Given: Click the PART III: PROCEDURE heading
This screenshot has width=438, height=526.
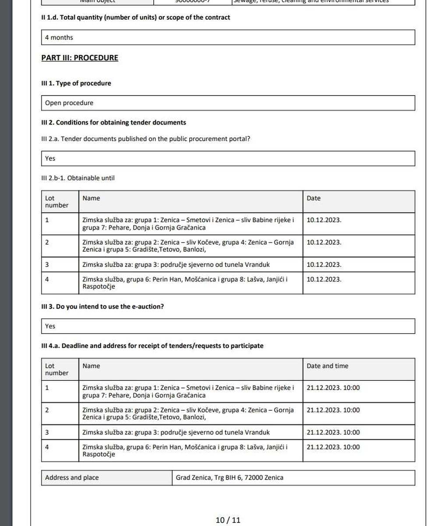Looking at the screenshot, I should point(80,58).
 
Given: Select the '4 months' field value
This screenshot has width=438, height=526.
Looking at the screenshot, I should point(59,38).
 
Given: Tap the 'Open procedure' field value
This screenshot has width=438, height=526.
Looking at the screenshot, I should point(69,103).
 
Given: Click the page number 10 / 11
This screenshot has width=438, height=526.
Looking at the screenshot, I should point(228,520).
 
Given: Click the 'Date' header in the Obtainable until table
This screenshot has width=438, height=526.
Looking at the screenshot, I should point(314,198).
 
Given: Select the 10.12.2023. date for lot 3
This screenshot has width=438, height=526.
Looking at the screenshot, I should point(324,265).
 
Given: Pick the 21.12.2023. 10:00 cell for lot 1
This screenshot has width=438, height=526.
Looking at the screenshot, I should point(333,388).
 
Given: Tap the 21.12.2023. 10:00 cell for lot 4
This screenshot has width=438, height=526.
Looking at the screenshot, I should point(333,447).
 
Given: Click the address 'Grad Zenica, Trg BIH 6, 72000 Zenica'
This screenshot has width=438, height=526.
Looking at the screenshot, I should point(230,478).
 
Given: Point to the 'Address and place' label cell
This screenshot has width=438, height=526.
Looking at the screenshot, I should point(72,478).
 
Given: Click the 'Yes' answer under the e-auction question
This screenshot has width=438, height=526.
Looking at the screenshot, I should point(50,326).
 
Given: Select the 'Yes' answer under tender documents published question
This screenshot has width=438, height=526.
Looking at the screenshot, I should point(50,159).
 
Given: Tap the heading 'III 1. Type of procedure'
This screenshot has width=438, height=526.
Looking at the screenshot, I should point(76,83).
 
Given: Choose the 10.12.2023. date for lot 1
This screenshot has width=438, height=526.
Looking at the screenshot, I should point(324,220).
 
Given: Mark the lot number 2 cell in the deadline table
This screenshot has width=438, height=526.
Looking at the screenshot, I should point(47,410).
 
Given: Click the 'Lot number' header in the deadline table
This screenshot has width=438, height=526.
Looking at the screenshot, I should point(57,370).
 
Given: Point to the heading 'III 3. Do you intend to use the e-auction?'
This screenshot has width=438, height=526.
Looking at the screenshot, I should point(102,307).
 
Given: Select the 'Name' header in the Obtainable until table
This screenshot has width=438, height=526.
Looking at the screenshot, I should point(91,198).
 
